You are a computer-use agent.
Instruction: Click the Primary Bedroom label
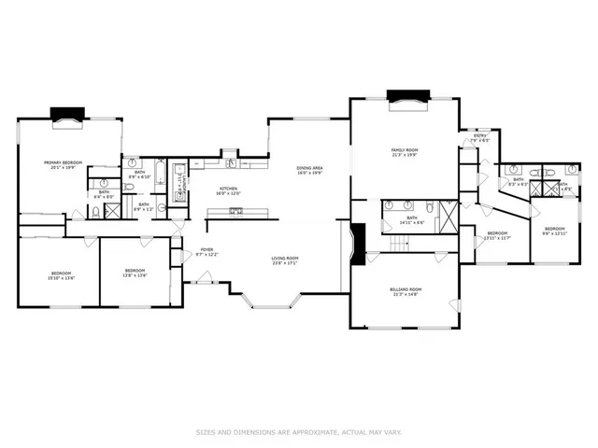tap(64, 164)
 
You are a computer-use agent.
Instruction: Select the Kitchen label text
tap(229, 190)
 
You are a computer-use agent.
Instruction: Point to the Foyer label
tap(207, 252)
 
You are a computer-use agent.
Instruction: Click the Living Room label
tap(284, 260)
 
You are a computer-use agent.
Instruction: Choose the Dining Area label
tap(308, 170)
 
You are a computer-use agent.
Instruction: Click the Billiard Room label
tap(406, 292)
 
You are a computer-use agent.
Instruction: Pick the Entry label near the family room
tap(480, 137)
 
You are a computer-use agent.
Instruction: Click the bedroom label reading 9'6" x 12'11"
tap(555, 231)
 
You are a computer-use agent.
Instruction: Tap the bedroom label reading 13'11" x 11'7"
tap(497, 235)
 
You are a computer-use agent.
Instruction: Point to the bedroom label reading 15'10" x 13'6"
tap(58, 274)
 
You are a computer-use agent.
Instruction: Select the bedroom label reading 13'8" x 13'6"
tap(135, 274)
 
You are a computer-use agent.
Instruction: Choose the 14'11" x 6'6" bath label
tap(411, 221)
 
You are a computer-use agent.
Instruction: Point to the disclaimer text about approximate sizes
tap(299, 431)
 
